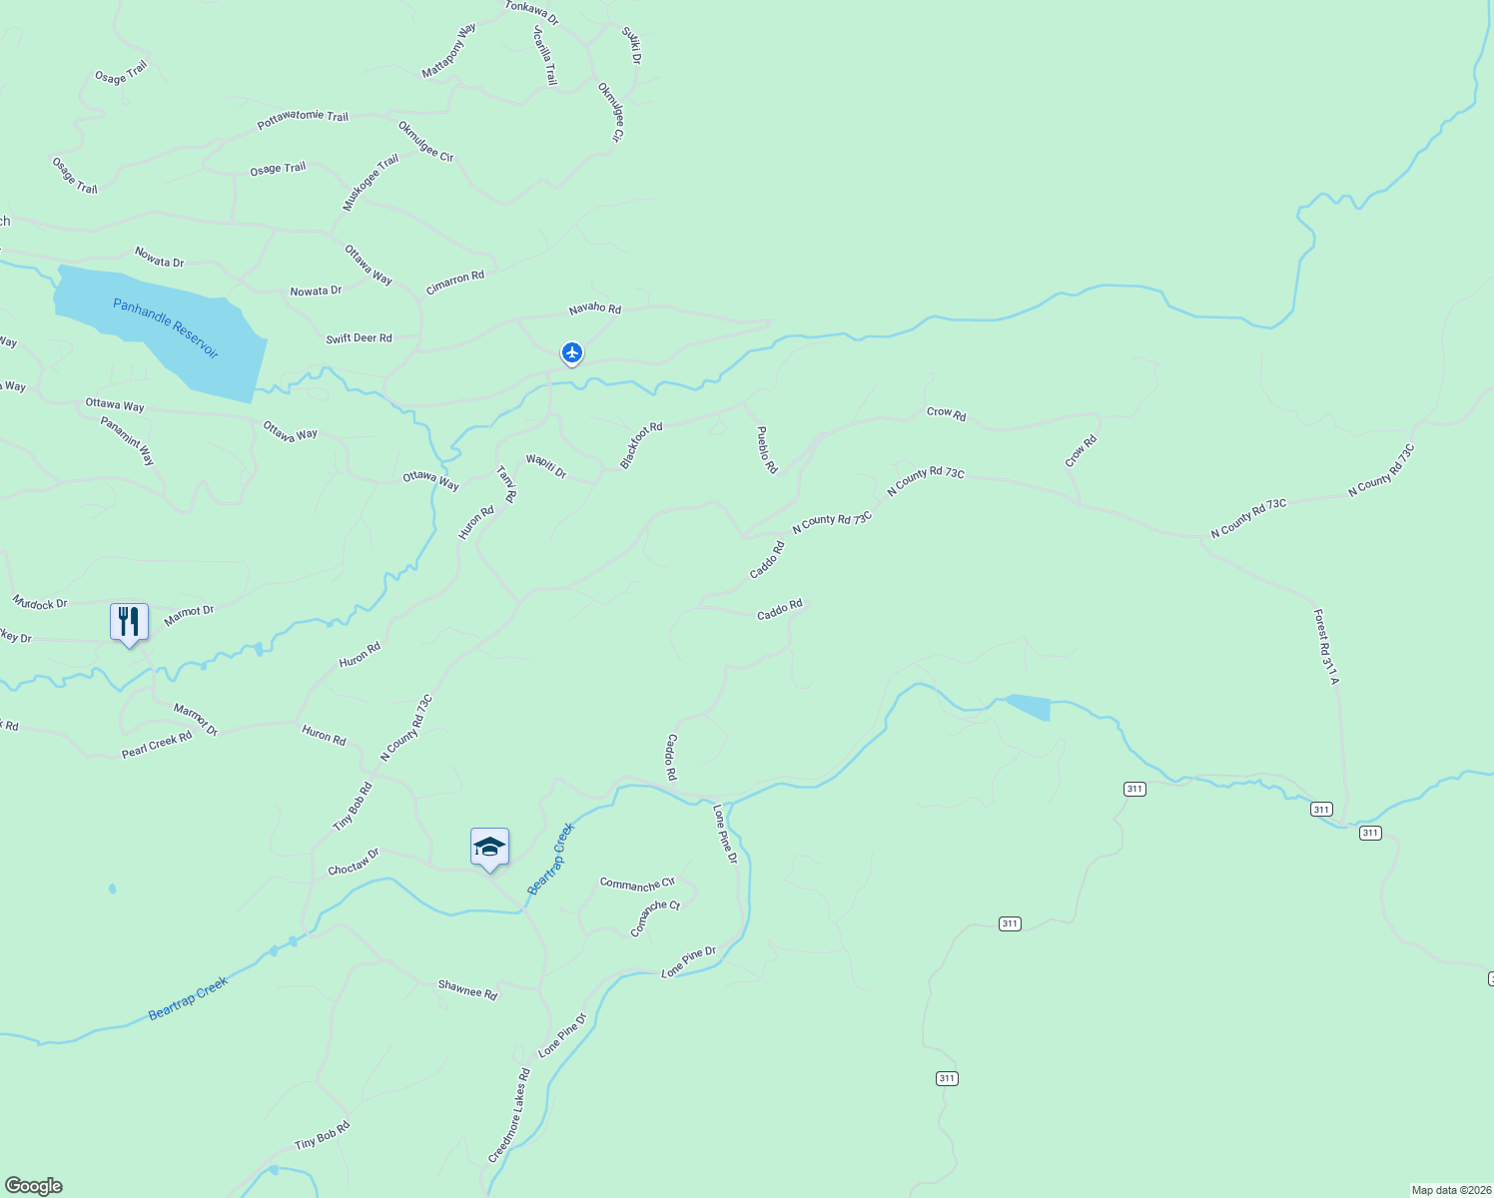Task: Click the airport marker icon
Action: [572, 352]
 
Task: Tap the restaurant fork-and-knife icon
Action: [129, 622]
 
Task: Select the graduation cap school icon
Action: [489, 848]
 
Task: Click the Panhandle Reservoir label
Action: [165, 328]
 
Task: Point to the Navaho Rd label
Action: [595, 308]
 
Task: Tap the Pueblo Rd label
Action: [766, 450]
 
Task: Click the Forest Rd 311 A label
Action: [1325, 647]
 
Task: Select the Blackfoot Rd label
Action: [641, 445]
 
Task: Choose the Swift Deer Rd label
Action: [359, 338]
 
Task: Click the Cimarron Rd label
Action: [454, 283]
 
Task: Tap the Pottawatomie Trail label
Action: [303, 119]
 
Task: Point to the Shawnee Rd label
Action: [467, 988]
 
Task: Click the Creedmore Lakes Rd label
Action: [509, 1115]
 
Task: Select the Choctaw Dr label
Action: [354, 863]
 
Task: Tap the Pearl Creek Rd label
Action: [157, 745]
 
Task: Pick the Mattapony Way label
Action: [448, 51]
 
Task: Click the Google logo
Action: [34, 1186]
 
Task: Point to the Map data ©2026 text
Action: [1450, 1190]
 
